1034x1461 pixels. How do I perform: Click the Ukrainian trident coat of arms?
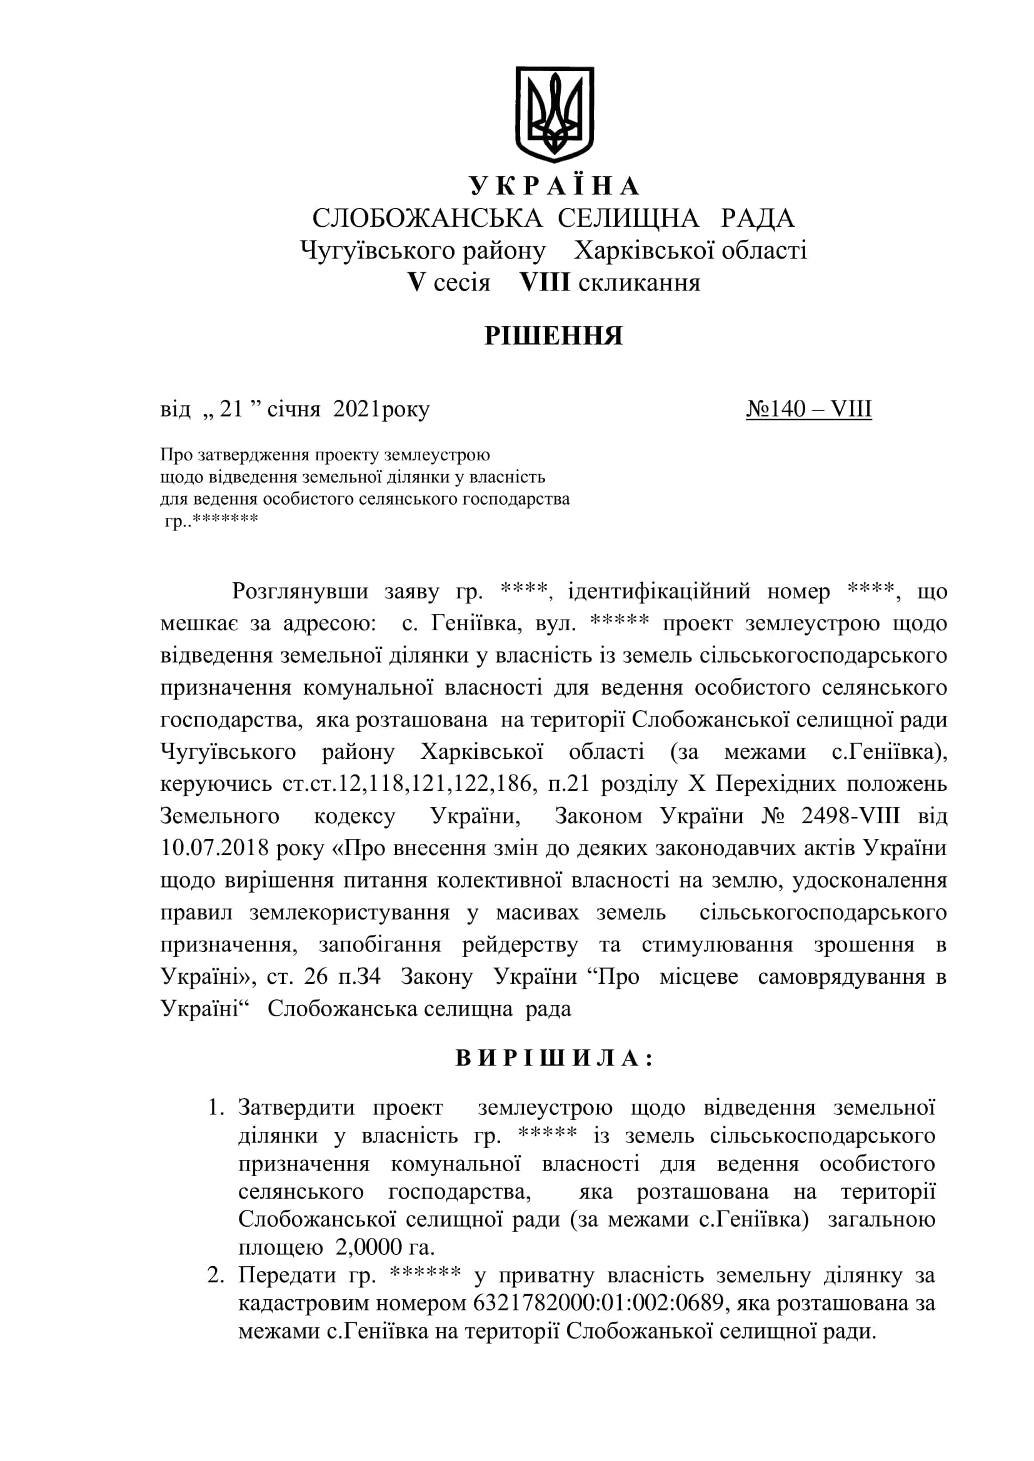tap(554, 114)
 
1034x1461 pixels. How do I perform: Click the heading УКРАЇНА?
tap(554, 186)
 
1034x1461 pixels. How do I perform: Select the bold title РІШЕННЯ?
tap(553, 335)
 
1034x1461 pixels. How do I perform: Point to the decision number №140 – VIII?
tap(808, 409)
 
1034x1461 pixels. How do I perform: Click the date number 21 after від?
tap(231, 409)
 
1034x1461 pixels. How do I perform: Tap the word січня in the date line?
tap(294, 409)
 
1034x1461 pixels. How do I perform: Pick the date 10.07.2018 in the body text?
tap(213, 848)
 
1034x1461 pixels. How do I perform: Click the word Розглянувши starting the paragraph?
tap(300, 591)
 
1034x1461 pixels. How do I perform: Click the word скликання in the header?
tap(640, 282)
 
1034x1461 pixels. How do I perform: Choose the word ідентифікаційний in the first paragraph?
tap(659, 591)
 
